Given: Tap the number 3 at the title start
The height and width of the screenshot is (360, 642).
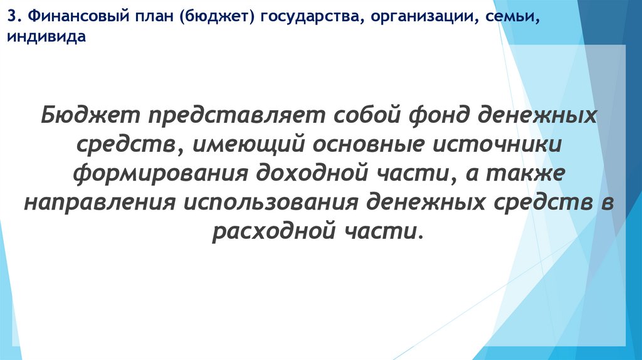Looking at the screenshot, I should [12, 19].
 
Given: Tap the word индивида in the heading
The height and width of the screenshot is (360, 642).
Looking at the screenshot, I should [45, 38].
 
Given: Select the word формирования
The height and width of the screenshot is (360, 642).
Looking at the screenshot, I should [160, 174].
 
